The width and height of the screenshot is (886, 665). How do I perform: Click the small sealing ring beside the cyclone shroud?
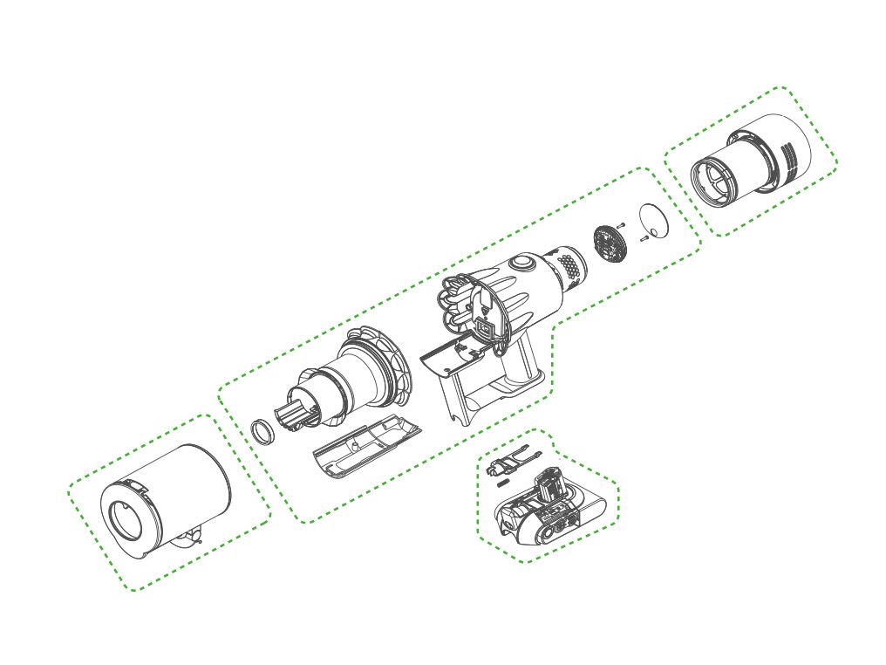(x=262, y=430)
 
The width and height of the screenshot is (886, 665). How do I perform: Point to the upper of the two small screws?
(x=621, y=224)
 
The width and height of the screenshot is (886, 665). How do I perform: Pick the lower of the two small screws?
(x=643, y=237)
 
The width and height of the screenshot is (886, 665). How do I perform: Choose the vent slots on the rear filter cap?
(x=790, y=157)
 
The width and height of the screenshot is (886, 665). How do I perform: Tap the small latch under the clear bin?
(x=193, y=536)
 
